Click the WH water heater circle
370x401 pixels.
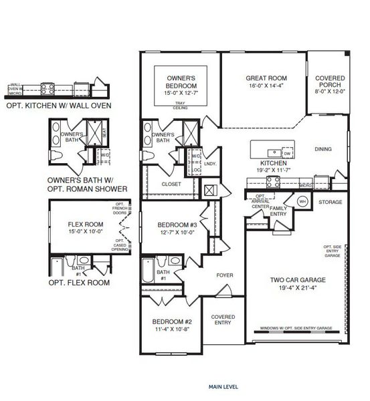point(302,201)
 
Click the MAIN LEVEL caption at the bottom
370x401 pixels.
point(222,386)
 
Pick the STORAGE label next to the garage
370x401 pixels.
point(330,202)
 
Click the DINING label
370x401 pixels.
point(322,149)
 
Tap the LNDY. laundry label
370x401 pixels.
point(211,163)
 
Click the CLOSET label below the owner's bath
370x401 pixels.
point(171,184)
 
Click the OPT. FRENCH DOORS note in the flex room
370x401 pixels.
point(120,209)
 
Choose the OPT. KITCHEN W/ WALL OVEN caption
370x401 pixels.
point(58,105)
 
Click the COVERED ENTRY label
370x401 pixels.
point(222,320)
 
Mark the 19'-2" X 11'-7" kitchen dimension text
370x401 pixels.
point(274,170)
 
